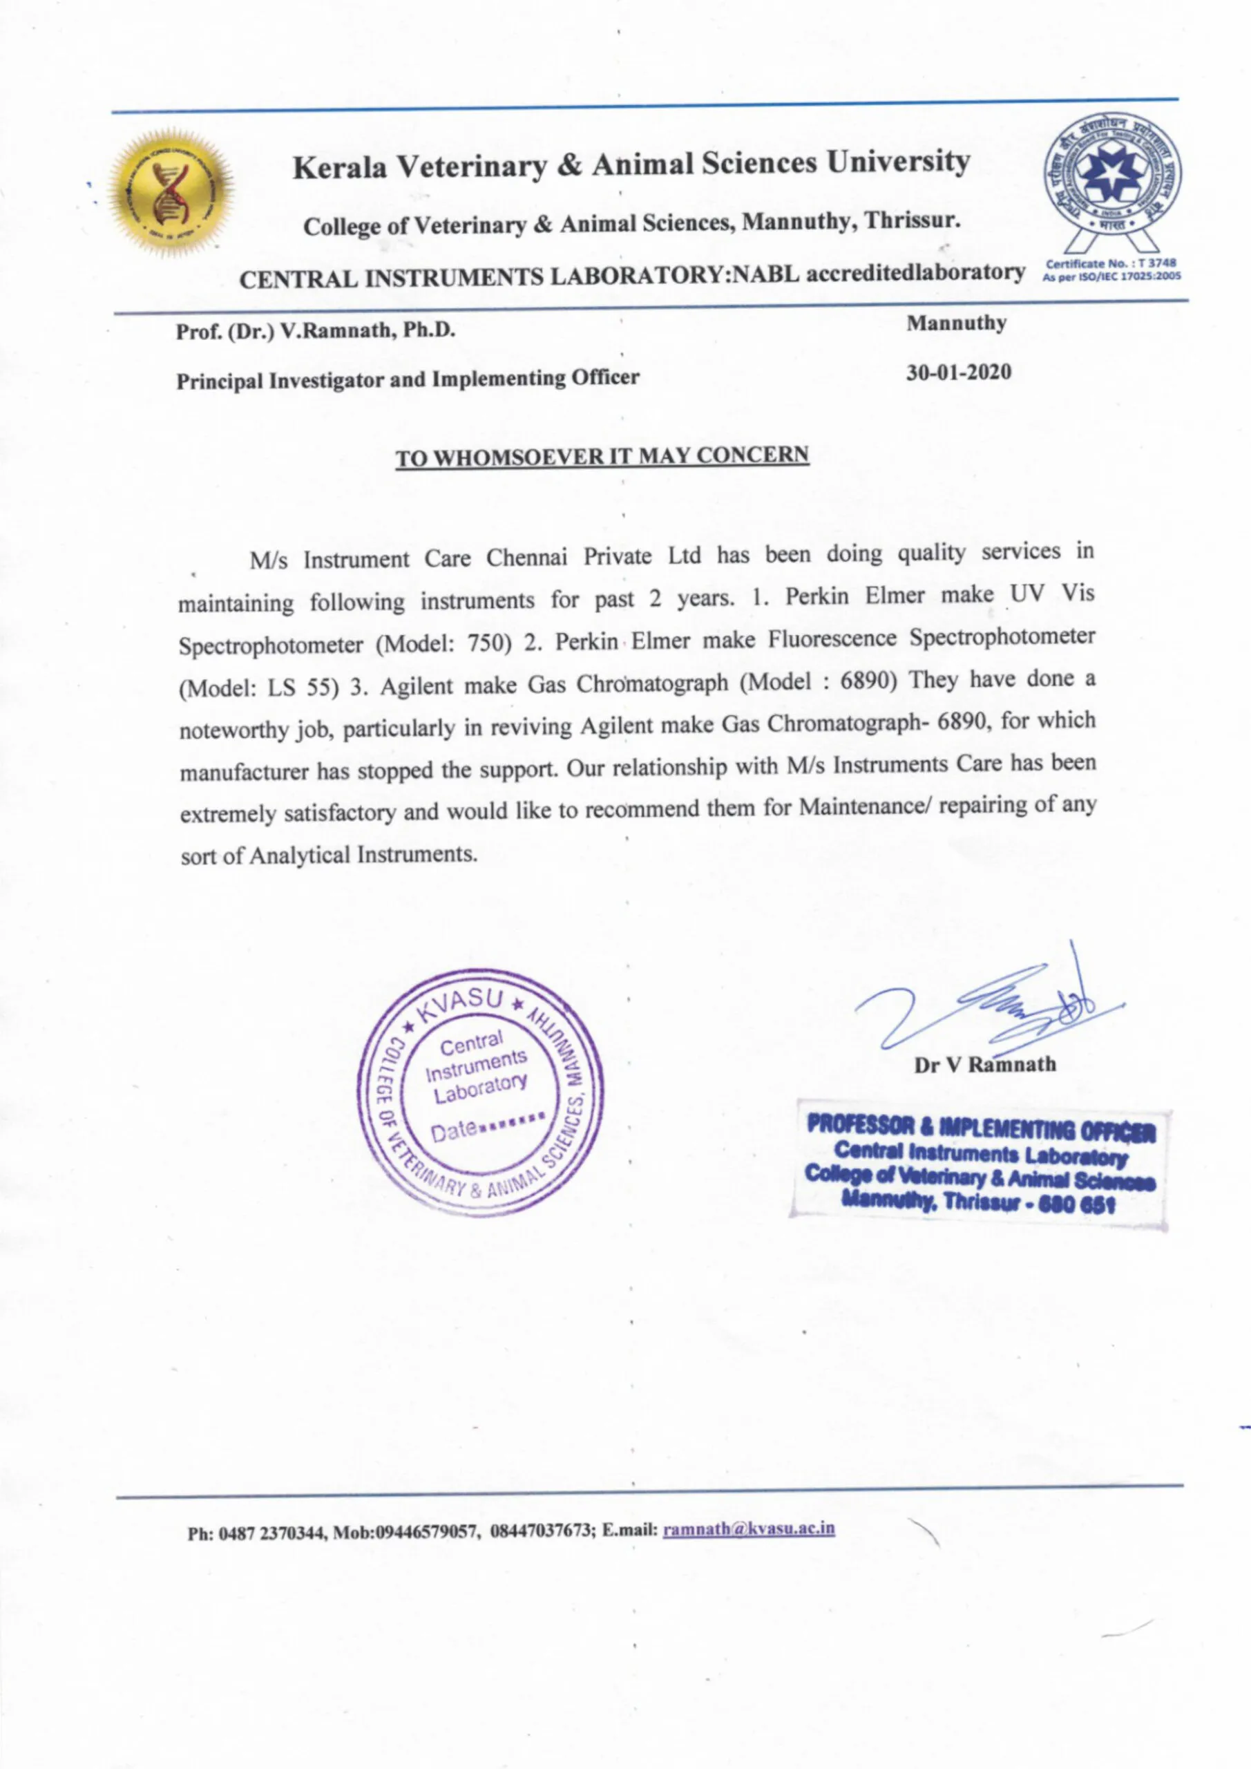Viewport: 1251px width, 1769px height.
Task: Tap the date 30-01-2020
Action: point(958,373)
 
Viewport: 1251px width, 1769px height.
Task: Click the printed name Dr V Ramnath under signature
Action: point(985,1065)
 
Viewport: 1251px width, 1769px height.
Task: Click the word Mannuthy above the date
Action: point(957,323)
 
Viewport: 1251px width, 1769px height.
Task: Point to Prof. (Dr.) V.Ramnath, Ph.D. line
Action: point(316,331)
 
